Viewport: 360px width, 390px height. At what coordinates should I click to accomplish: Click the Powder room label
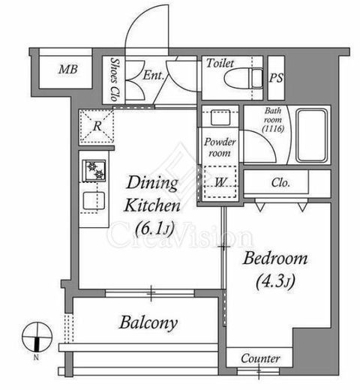pos(218,147)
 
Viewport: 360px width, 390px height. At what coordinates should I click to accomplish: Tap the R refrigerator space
pos(97,127)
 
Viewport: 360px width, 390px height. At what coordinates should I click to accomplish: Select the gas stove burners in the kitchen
pos(95,170)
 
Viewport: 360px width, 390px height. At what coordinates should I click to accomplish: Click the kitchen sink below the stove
pos(94,202)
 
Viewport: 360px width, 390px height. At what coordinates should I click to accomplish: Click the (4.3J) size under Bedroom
pos(276,283)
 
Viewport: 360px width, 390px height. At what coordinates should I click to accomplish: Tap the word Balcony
pos(148,323)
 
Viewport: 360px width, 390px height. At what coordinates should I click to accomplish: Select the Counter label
pos(259,359)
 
